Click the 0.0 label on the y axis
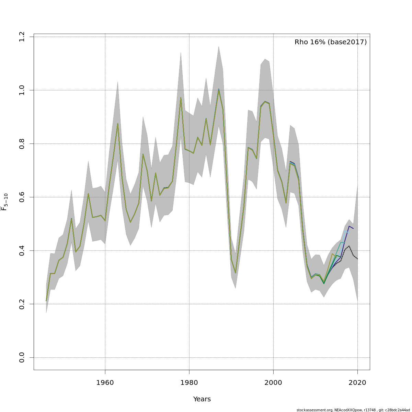22,357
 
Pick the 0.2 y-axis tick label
22,304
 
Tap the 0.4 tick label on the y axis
22,251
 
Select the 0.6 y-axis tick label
22,197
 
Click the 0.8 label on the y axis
22,144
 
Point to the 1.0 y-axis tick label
22,90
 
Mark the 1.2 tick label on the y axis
22,37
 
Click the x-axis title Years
202,399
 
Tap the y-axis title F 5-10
4,202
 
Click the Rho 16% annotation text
330,42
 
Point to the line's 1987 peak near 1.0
219,90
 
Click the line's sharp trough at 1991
236,273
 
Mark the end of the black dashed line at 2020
357,259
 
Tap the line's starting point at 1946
46,301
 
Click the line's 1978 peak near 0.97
181,98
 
